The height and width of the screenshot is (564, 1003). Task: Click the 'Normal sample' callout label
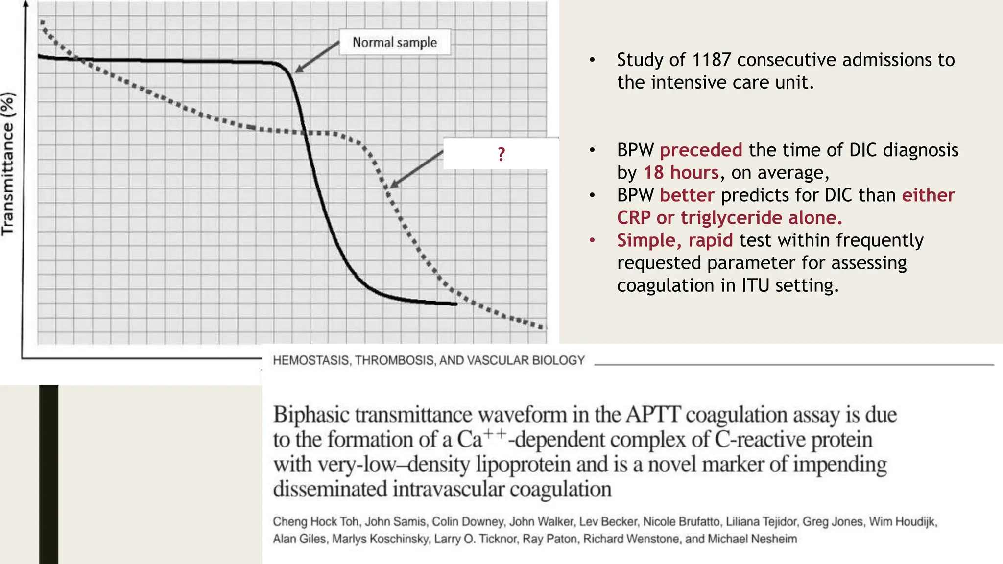pos(395,43)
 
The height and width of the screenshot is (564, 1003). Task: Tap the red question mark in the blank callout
pos(501,154)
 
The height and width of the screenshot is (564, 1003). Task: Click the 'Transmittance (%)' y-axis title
pos(8,164)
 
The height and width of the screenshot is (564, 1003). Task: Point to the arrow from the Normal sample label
pos(317,57)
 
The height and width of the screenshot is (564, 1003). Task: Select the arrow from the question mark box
pos(416,169)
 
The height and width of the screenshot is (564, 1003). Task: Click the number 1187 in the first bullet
pos(711,60)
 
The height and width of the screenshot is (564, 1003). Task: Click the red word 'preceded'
pos(701,150)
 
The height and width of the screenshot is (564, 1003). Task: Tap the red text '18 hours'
pos(681,172)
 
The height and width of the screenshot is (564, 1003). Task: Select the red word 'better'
pos(687,195)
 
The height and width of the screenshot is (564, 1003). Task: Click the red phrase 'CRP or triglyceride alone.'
pos(729,217)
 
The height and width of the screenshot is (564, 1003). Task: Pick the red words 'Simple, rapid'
pos(675,240)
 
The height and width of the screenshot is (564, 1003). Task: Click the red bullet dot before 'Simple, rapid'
pos(593,240)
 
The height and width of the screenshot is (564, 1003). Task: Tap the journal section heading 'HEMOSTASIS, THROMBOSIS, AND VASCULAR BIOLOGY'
pos(429,360)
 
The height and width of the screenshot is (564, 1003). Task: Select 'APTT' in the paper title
pos(653,415)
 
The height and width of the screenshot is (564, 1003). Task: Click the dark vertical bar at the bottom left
pos(48,474)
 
